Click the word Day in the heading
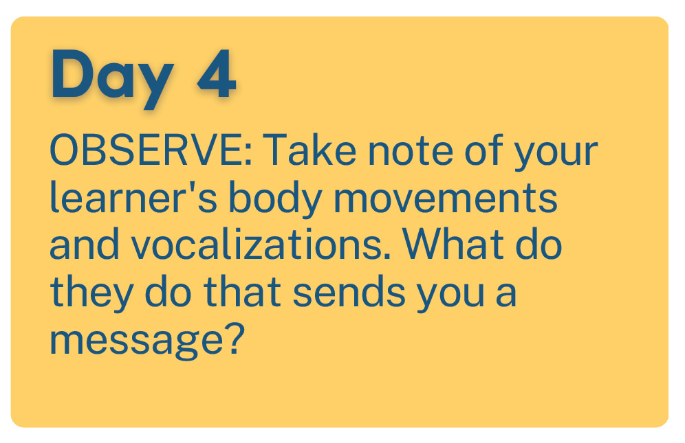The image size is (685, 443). [113, 78]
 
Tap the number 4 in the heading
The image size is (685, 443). [217, 73]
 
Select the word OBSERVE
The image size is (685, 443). [146, 150]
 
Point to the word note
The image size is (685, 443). [411, 151]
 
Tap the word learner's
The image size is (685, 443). [133, 197]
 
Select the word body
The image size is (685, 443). [275, 201]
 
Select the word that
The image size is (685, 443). [242, 291]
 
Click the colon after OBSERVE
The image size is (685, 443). [248, 156]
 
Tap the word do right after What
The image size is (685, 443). [539, 244]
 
